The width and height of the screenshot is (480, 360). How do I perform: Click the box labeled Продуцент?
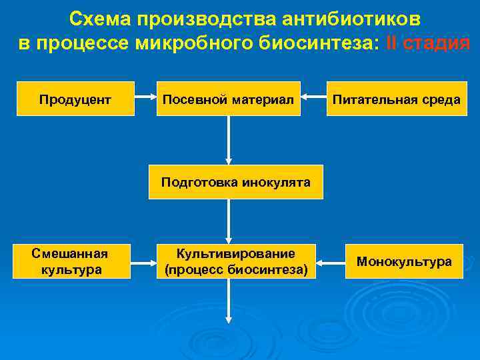(x=75, y=99)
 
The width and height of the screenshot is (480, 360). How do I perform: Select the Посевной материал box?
(x=228, y=99)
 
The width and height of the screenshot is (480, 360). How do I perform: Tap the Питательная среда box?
(x=397, y=99)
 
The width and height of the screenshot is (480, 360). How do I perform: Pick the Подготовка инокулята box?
(x=235, y=182)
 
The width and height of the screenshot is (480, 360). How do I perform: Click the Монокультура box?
(x=404, y=261)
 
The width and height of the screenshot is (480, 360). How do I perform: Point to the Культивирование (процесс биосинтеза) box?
(x=235, y=261)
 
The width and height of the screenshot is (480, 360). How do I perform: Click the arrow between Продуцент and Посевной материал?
(x=145, y=99)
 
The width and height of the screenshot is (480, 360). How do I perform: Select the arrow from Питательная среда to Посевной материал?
(x=313, y=99)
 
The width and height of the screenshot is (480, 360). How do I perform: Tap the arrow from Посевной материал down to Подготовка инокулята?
(x=229, y=140)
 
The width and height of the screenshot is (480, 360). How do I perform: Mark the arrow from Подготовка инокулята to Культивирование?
(x=229, y=221)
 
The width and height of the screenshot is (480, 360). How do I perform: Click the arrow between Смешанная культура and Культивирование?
(x=143, y=261)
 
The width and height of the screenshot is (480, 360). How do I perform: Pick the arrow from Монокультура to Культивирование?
(x=330, y=261)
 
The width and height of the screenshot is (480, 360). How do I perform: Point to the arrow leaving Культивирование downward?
(x=229, y=304)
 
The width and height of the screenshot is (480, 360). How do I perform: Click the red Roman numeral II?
(x=391, y=44)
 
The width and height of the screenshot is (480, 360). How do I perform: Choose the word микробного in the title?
(x=191, y=44)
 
